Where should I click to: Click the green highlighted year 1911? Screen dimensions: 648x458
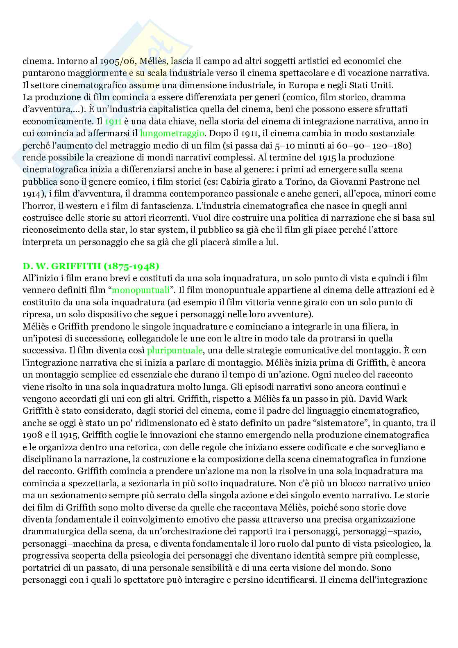tap(113, 121)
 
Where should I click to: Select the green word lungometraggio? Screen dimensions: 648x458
tap(172, 133)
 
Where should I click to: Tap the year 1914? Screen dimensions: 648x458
tap(30, 194)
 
